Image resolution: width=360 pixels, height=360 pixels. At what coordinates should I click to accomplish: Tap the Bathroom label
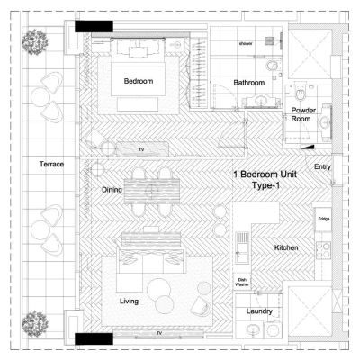[249, 82]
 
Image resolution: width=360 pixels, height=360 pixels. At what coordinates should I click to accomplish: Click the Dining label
[112, 190]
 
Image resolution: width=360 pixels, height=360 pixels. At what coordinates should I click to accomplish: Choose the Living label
[130, 301]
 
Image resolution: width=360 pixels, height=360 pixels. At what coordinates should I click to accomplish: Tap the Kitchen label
[287, 247]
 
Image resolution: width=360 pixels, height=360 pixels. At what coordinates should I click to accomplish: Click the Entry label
[323, 167]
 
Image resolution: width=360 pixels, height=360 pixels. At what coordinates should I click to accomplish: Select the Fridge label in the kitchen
[323, 219]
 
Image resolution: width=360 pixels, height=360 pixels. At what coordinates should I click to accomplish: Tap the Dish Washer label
[242, 282]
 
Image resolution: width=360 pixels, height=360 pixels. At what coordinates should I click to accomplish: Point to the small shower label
[246, 43]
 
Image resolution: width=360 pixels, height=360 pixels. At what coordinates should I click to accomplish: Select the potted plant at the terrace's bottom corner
[36, 321]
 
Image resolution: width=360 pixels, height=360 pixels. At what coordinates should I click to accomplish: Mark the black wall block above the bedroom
[93, 27]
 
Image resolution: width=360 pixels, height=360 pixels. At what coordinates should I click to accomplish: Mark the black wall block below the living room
[93, 338]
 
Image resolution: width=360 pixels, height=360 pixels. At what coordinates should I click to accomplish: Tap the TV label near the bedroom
[140, 148]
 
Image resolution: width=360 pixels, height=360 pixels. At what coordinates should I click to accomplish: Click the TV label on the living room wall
[160, 333]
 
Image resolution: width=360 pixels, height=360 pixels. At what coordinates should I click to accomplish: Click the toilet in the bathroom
[272, 67]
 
